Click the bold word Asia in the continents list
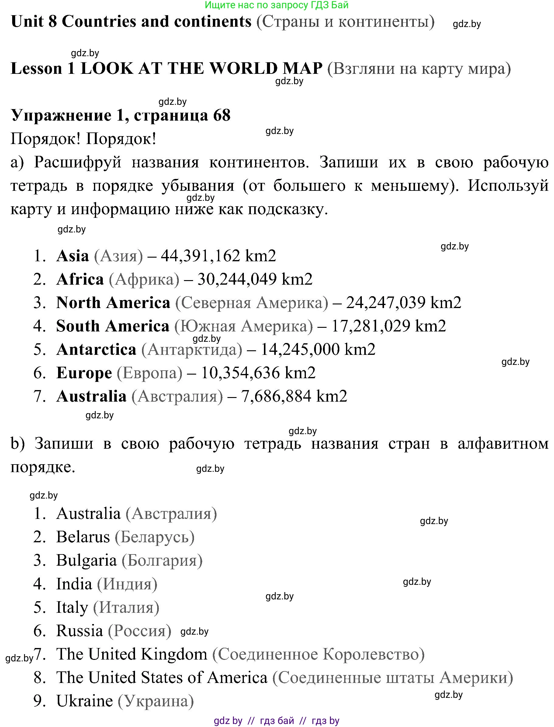[73, 256]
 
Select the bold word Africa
[80, 279]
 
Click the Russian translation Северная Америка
[251, 303]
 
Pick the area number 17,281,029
[371, 326]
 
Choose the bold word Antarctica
[96, 349]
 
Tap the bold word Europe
[84, 373]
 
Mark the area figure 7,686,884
[276, 396]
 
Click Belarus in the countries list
[83, 537]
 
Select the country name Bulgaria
[86, 560]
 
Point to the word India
[74, 584]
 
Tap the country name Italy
[72, 607]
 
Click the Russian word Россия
[140, 631]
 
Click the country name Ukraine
[85, 701]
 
